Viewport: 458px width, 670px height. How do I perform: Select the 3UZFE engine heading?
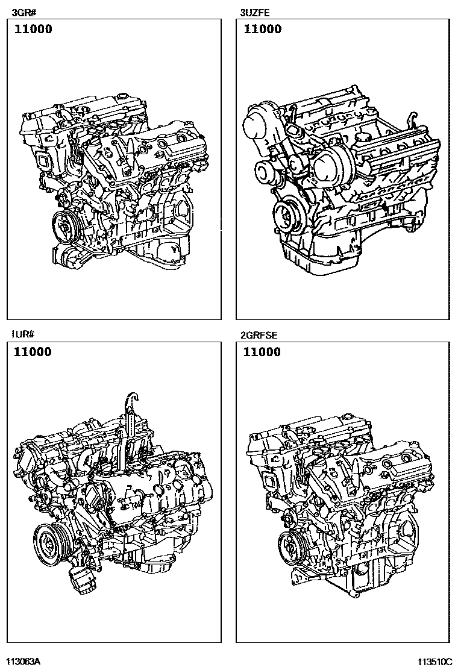click(255, 13)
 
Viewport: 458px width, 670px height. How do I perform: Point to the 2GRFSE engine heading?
click(259, 335)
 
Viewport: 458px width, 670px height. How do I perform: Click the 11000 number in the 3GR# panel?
click(33, 29)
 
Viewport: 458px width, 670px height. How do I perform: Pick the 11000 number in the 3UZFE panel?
click(262, 29)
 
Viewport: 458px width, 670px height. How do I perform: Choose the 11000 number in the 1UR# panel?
click(33, 352)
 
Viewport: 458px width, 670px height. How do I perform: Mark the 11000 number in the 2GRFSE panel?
click(262, 352)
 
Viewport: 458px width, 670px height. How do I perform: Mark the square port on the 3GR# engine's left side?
click(45, 161)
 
